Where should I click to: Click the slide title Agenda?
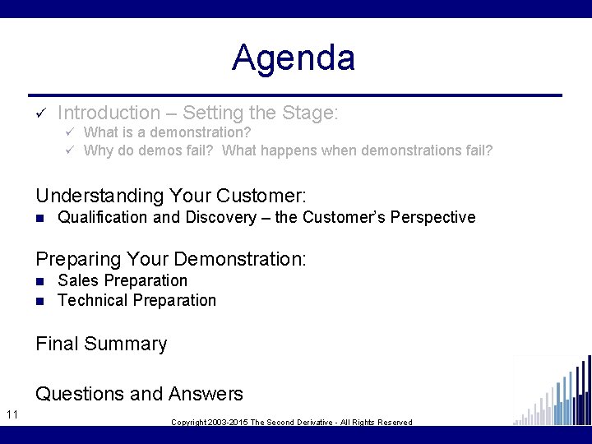click(x=294, y=58)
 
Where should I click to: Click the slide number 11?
click(x=12, y=414)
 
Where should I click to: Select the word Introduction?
click(x=109, y=113)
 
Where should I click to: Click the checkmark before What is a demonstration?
click(x=71, y=132)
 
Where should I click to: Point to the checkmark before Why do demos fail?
click(x=71, y=150)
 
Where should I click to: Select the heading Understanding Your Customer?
click(x=171, y=196)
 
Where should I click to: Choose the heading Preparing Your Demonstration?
click(x=171, y=259)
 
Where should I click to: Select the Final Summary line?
click(x=101, y=344)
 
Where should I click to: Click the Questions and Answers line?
click(x=139, y=394)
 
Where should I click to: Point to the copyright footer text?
click(x=291, y=422)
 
